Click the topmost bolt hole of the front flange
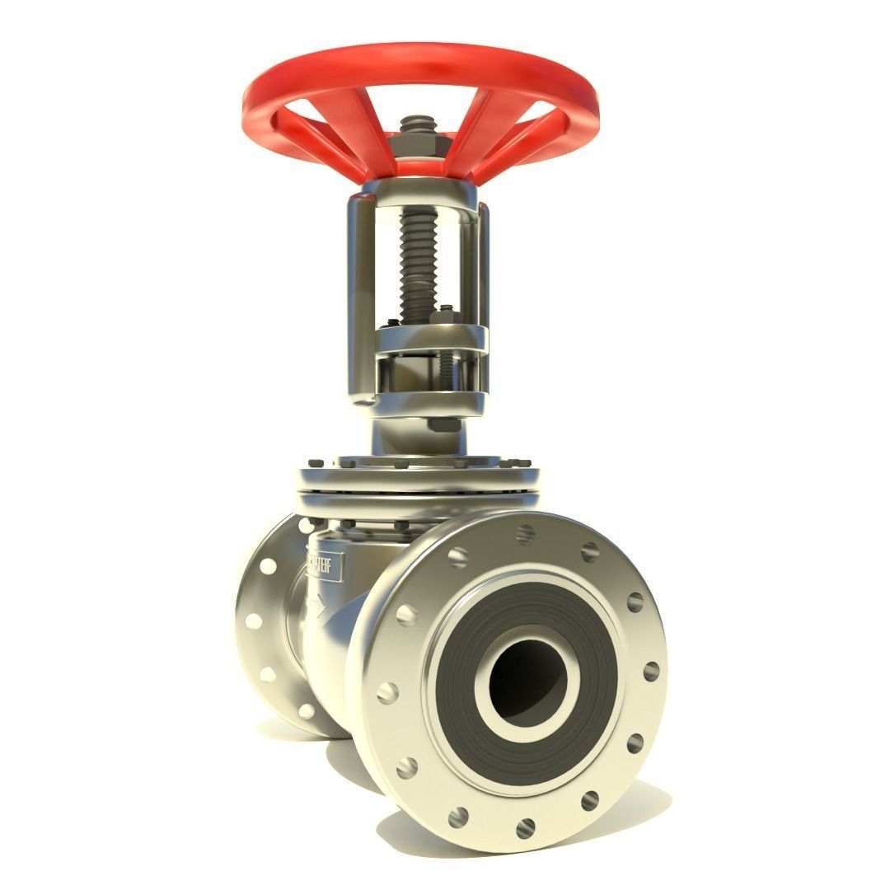point(525,533)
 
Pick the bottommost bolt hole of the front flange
point(524,827)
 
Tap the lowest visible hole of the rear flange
point(306,710)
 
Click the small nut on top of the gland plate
point(445,313)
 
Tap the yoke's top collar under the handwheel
point(420,194)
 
